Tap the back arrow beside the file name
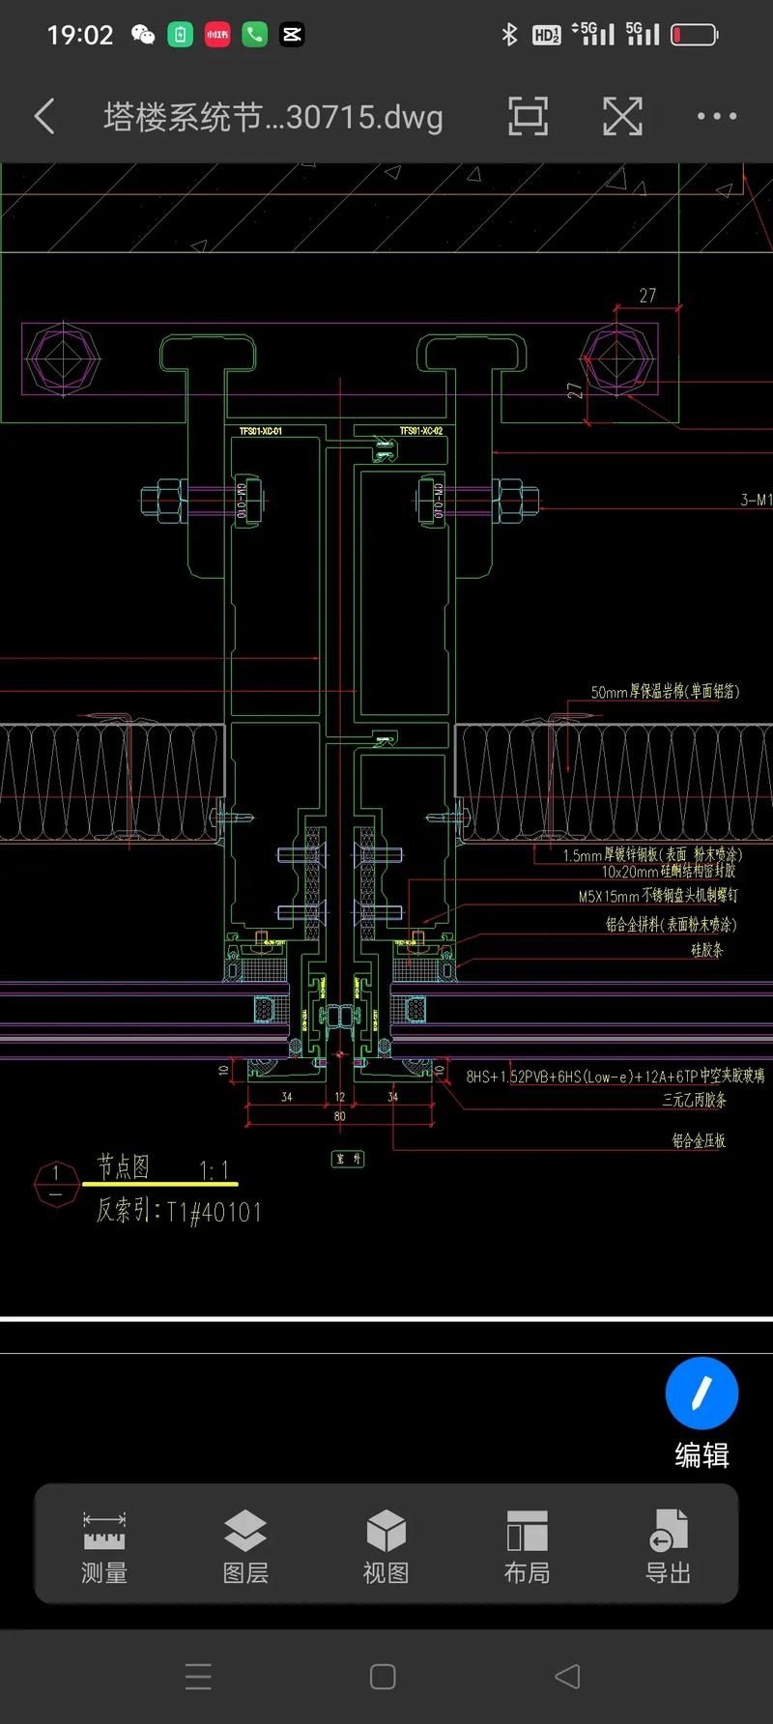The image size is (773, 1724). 44,117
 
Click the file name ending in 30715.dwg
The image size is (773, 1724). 272,117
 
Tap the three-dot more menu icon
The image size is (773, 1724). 716,117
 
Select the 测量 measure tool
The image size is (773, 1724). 104,1546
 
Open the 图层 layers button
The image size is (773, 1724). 245,1546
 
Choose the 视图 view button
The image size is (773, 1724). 386,1546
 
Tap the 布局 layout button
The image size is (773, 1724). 527,1546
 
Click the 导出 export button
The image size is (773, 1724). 668,1546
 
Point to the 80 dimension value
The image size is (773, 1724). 340,1116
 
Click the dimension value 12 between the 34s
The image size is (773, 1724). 340,1097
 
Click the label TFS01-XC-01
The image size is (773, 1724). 261,431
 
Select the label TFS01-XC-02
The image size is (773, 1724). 421,431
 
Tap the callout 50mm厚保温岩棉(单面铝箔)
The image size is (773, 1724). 665,692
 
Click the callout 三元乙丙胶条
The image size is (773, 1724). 694,1100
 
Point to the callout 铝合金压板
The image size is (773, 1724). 699,1141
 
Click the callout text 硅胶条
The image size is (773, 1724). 706,950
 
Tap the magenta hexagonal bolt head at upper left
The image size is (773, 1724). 62,358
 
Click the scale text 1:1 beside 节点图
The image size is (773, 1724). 214,1170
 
